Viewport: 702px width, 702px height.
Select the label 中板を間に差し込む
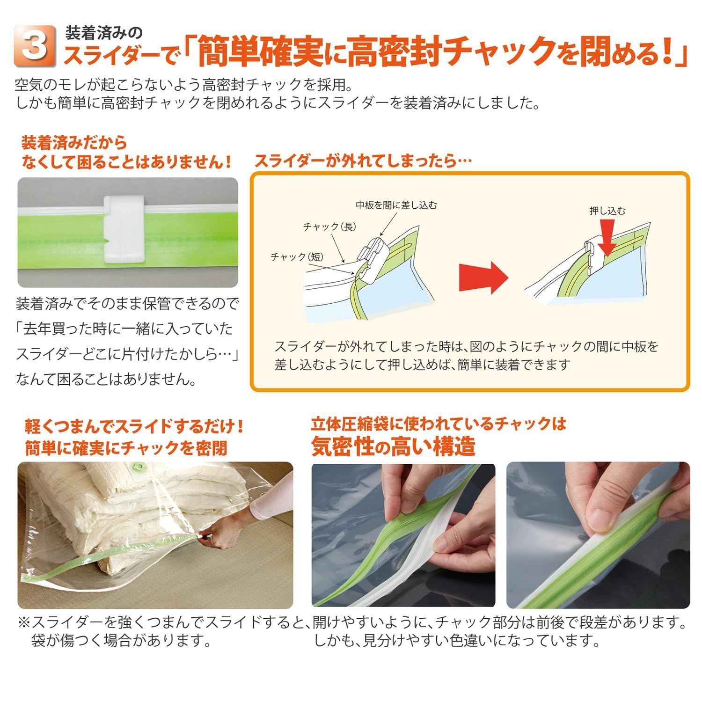[396, 205]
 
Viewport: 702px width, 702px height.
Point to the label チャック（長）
[329, 227]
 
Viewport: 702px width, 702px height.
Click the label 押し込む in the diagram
[607, 211]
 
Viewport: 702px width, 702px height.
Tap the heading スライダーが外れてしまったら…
[363, 161]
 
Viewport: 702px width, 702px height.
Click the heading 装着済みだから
[74, 142]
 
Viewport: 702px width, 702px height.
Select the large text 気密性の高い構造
[393, 446]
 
